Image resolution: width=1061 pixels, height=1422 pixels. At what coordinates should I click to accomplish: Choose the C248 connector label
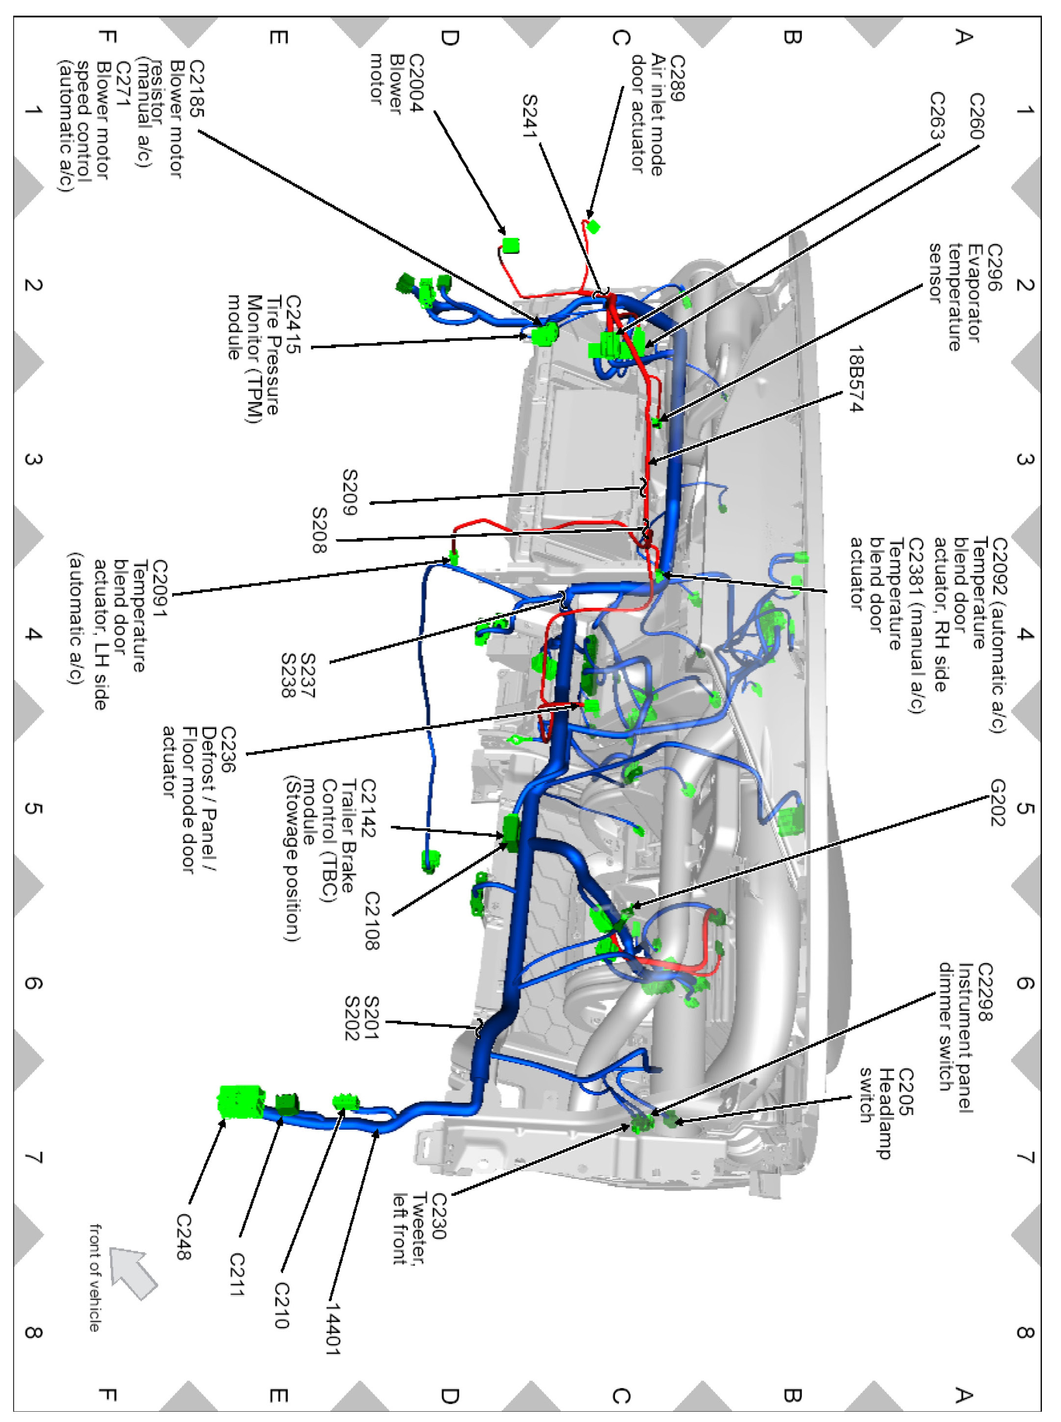pyautogui.click(x=184, y=1246)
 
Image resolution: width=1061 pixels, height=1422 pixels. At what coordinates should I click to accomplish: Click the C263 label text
pyautogui.click(x=937, y=116)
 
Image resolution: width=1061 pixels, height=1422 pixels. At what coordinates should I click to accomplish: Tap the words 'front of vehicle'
pyautogui.click(x=95, y=1278)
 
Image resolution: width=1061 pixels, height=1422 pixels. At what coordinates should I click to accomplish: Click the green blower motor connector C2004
pyautogui.click(x=511, y=245)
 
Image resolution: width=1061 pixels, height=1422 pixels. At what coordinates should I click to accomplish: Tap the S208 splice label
pyautogui.click(x=319, y=530)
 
